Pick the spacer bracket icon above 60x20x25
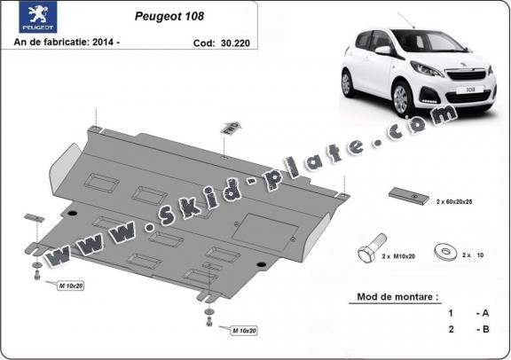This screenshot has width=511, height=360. tap(407, 196)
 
